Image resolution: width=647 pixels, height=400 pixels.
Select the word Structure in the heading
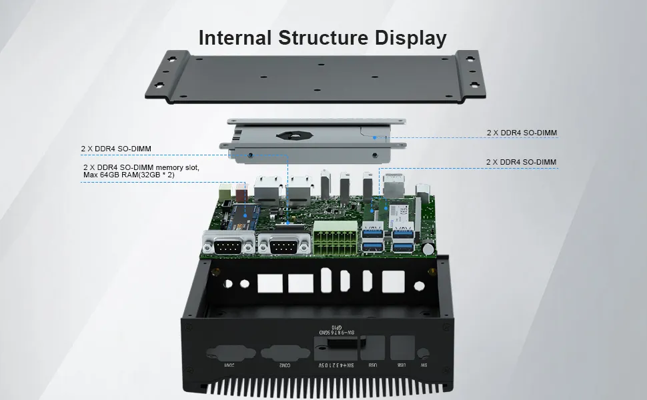pos(323,37)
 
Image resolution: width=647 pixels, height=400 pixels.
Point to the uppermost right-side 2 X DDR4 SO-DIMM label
pos(522,133)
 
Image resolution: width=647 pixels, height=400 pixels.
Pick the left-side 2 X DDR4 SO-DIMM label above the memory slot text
pos(116,148)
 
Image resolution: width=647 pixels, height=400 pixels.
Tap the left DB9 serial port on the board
pos(229,247)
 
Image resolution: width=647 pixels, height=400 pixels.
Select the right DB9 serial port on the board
pos(284,247)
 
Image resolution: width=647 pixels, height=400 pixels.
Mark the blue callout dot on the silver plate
pos(376,138)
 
